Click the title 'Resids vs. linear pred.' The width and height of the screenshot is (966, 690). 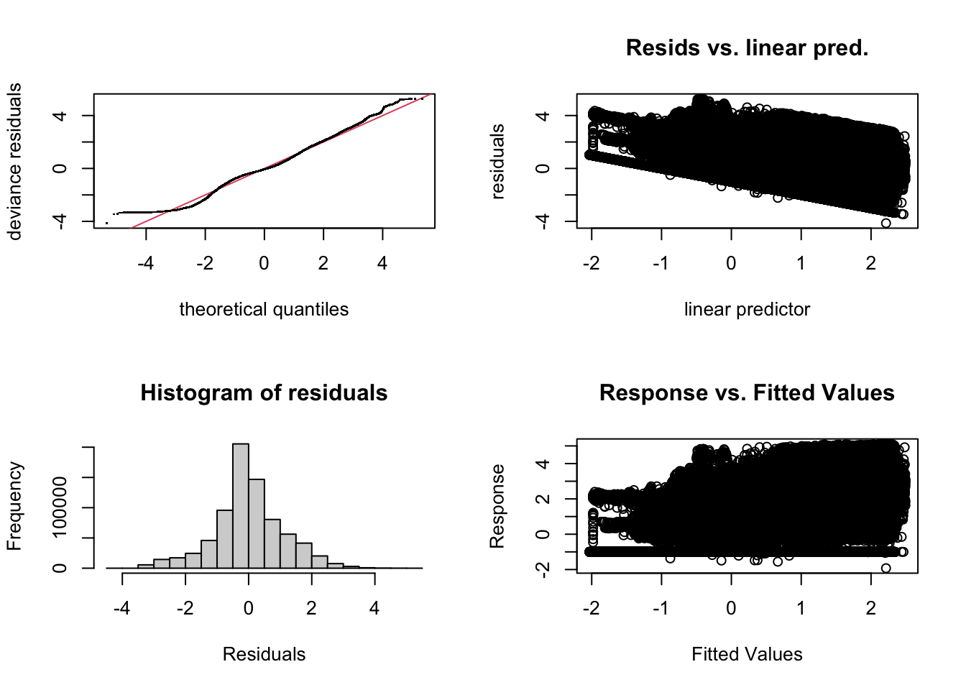pos(747,48)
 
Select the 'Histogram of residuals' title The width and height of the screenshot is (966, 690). pos(264,393)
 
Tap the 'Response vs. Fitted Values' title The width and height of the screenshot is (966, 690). pos(747,393)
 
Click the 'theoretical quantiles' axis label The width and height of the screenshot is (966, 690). pos(264,309)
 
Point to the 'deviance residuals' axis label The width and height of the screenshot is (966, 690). pos(14,161)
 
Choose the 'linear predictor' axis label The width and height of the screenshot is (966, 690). pos(747,309)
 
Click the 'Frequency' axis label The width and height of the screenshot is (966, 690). pos(14,506)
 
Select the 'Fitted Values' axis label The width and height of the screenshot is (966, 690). pos(747,654)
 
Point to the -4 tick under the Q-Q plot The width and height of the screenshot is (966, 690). pos(145,264)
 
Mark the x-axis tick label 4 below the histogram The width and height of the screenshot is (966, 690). pos(374,609)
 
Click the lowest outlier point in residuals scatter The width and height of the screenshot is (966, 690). pos(886,223)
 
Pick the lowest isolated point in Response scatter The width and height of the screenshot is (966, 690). pos(886,568)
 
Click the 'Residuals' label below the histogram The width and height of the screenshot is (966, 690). pos(264,654)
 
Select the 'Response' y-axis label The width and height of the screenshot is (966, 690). pos(497,506)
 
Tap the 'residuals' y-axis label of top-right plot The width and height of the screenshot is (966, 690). pos(497,161)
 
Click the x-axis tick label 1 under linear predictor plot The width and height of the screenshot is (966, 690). pos(801,264)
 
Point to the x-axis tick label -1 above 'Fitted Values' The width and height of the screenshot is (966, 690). pos(661,609)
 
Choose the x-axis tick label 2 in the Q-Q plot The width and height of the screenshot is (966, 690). pos(323,264)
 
